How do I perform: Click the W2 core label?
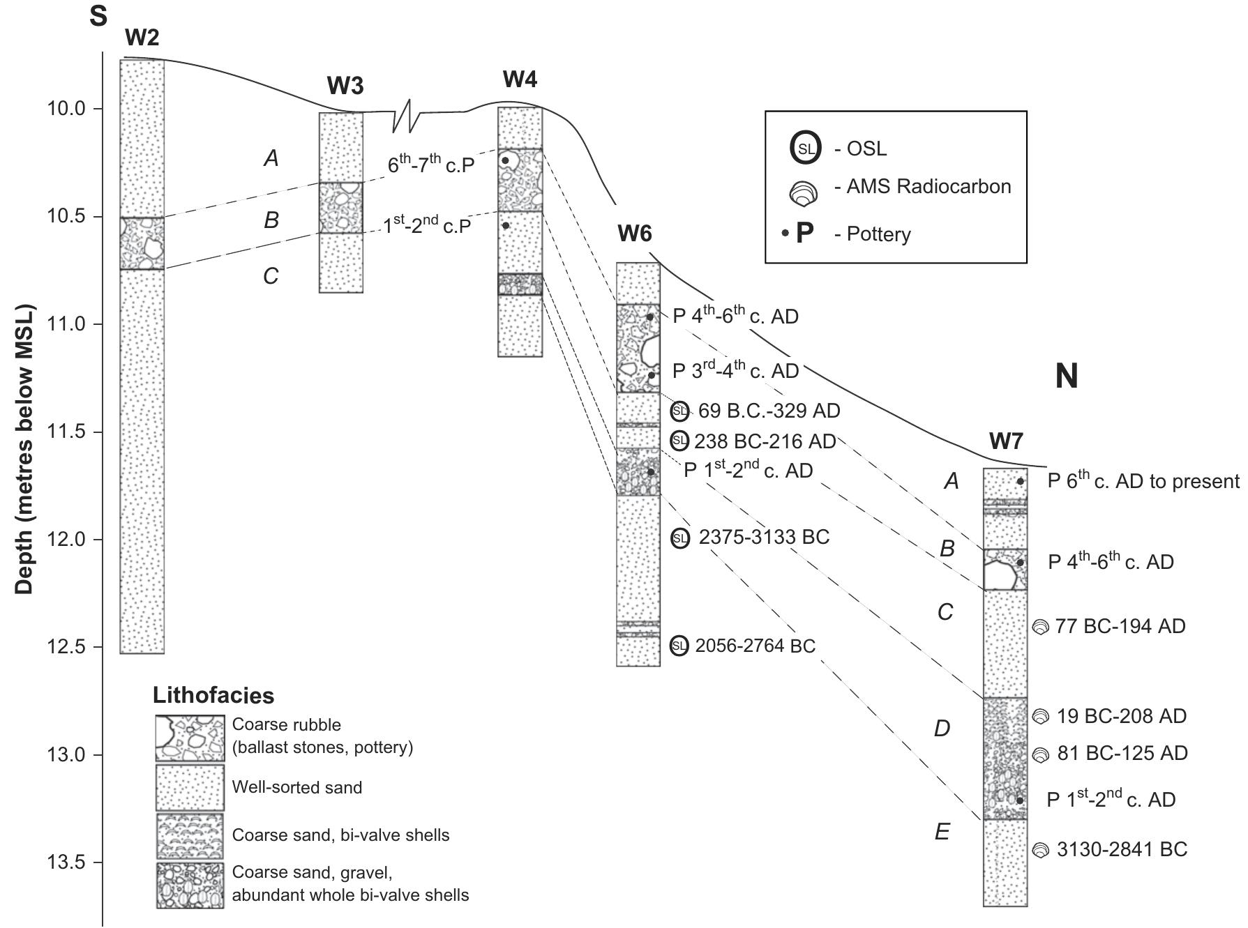point(142,38)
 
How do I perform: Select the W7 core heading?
point(1005,441)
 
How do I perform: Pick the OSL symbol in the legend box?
point(805,149)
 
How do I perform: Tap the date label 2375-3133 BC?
point(763,538)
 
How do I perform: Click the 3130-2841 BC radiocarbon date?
point(1121,849)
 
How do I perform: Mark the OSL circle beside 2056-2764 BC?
point(679,646)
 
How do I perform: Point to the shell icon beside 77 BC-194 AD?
point(1040,627)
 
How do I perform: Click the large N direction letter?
point(1066,376)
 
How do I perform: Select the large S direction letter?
point(98,15)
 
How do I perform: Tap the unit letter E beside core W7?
point(942,832)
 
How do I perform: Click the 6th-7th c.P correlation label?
point(430,165)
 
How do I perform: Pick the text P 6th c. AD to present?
point(1143,481)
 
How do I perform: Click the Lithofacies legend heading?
point(213,695)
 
